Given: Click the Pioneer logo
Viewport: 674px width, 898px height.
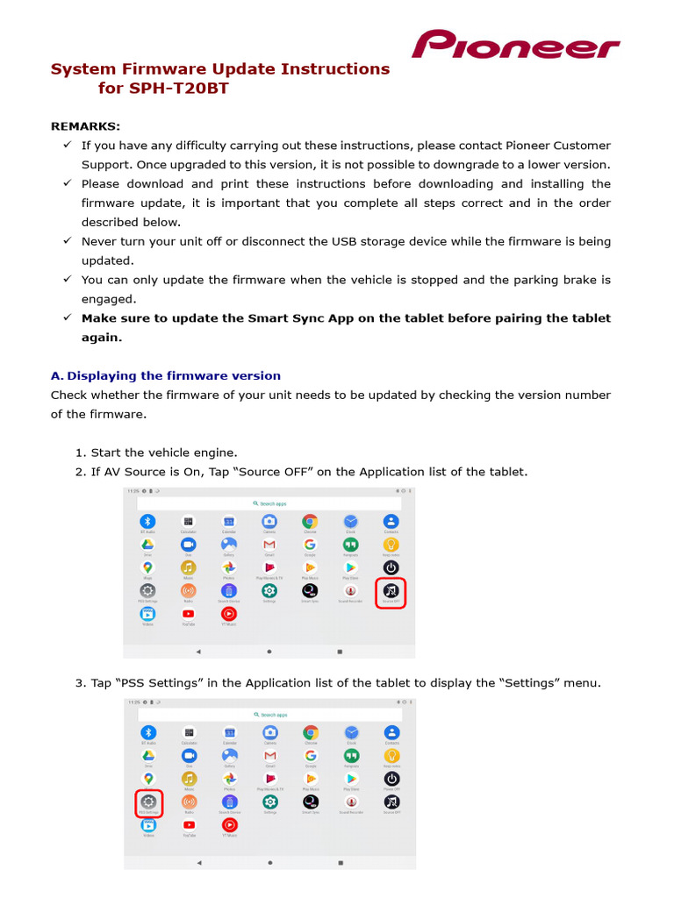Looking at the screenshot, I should click(x=515, y=45).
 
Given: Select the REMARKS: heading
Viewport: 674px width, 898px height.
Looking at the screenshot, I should click(x=85, y=126).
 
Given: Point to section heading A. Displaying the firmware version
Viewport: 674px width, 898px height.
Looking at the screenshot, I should click(x=166, y=375).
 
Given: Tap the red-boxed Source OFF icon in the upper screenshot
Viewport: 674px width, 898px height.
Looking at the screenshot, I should click(x=391, y=593).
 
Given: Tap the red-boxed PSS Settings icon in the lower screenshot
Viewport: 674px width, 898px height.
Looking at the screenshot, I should click(x=148, y=802).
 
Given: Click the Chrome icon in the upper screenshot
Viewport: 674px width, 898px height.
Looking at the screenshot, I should click(x=310, y=522).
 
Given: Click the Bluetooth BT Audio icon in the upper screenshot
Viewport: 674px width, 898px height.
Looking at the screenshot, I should click(x=147, y=522).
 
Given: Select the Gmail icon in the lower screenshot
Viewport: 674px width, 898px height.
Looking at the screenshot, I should click(x=270, y=755).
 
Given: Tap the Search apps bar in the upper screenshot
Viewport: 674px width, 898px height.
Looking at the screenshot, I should click(x=269, y=503).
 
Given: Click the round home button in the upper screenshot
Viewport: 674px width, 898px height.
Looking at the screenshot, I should click(x=269, y=652).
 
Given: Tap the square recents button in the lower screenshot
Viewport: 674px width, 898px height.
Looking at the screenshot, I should click(x=340, y=862).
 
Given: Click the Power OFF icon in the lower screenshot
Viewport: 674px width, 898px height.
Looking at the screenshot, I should click(x=392, y=779).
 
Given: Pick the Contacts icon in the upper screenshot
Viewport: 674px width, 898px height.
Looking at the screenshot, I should click(x=391, y=522).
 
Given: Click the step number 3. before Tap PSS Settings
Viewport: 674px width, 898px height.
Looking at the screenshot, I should click(x=81, y=683).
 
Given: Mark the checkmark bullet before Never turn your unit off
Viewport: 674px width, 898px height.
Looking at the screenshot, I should click(x=67, y=241).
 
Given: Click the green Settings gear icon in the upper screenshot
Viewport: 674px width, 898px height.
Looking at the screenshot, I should click(x=269, y=591).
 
